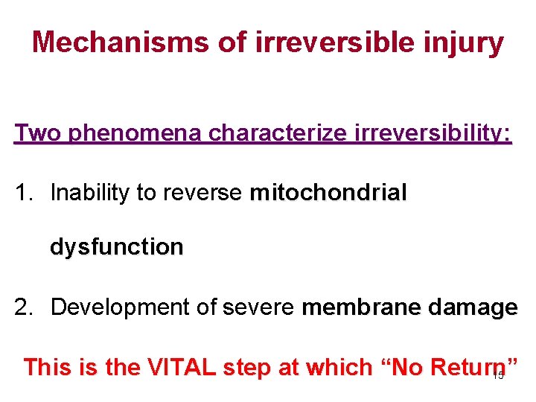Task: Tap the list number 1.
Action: point(24,194)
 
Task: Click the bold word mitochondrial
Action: point(328,194)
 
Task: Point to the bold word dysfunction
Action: point(116,247)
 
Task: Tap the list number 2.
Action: point(24,307)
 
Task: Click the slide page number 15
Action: point(499,375)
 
